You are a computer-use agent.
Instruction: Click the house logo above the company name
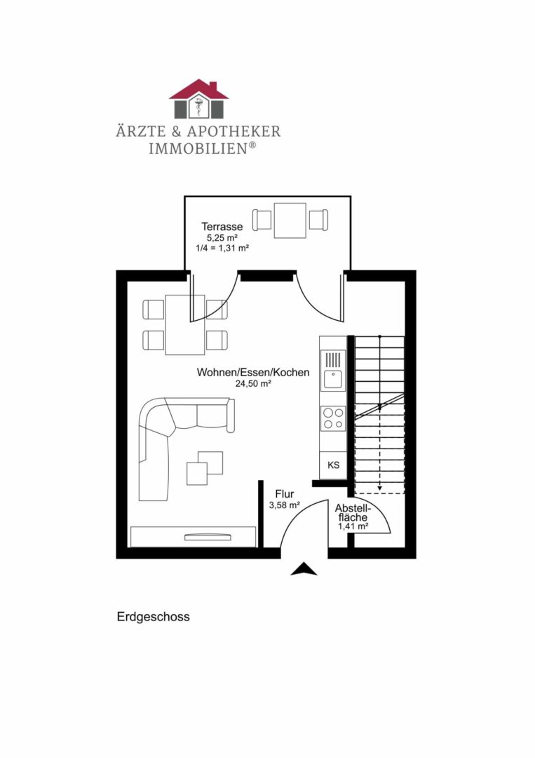[198, 99]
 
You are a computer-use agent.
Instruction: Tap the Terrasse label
[222, 227]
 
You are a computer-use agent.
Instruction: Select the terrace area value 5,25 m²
[222, 238]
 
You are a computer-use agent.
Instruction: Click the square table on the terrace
[290, 220]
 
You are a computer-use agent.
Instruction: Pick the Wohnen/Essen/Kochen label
[252, 373]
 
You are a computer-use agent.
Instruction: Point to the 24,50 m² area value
[253, 384]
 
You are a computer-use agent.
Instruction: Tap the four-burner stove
[332, 418]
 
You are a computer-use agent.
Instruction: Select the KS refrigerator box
[333, 465]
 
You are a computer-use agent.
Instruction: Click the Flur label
[284, 494]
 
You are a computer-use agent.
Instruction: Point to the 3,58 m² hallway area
[284, 505]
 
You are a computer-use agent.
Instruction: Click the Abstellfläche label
[352, 512]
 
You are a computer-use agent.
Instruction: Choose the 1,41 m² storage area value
[353, 526]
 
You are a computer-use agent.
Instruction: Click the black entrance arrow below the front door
[304, 569]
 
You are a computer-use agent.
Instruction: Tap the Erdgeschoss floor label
[153, 618]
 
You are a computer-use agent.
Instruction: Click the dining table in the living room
[185, 324]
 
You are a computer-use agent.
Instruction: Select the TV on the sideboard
[207, 537]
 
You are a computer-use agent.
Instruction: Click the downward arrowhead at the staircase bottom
[379, 488]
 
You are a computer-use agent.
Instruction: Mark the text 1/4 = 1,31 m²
[223, 248]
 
